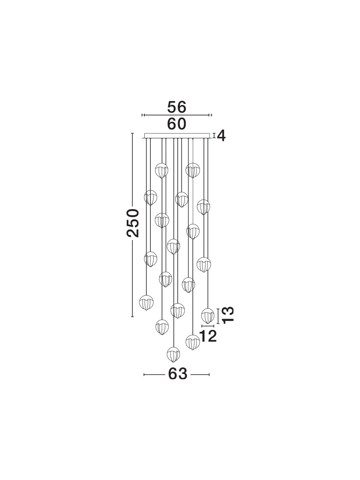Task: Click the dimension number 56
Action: click(177, 107)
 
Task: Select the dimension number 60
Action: click(177, 124)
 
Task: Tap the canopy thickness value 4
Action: click(221, 136)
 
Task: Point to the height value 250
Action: click(133, 223)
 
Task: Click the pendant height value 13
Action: click(228, 315)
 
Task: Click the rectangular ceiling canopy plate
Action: click(177, 136)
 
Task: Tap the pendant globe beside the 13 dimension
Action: click(208, 316)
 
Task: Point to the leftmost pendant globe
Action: click(146, 303)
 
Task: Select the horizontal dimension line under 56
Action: click(177, 115)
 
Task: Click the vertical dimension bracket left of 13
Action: click(218, 316)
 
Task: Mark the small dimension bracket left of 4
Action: click(214, 136)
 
